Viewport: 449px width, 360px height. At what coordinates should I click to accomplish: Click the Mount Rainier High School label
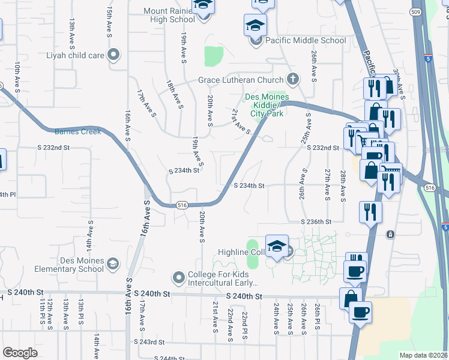point(169,15)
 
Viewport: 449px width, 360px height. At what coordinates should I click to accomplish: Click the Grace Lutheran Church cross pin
point(293,79)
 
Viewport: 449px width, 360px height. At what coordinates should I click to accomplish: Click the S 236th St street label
point(316,222)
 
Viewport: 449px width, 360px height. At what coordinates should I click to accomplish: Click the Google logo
point(20,353)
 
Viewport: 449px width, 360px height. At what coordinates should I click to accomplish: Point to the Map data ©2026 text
point(424,355)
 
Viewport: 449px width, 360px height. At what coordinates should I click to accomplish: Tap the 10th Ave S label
point(17,76)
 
